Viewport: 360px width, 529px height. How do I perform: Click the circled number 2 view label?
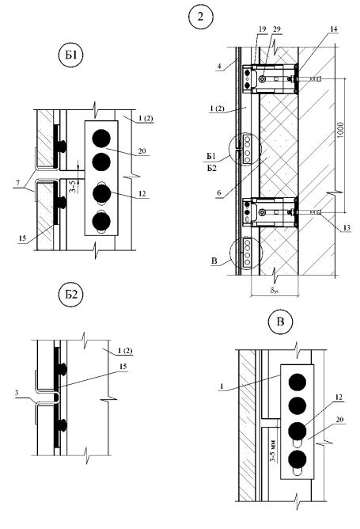click(201, 17)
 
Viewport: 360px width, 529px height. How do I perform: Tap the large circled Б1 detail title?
click(70, 55)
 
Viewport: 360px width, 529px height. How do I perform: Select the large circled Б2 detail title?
click(70, 295)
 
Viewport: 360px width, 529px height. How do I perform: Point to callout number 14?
click(333, 29)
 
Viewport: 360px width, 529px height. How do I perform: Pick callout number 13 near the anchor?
click(347, 228)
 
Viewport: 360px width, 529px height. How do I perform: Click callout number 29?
click(276, 29)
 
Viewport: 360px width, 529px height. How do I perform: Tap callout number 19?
click(262, 29)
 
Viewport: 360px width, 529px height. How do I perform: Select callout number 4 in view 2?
click(219, 67)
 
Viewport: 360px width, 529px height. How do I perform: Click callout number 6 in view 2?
click(219, 193)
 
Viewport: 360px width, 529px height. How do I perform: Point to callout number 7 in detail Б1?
click(17, 183)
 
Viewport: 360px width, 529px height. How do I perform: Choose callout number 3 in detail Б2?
click(17, 393)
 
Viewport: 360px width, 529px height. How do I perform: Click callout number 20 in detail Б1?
click(142, 150)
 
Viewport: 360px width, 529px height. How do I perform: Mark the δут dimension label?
click(274, 291)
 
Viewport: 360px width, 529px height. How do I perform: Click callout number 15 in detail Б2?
click(123, 367)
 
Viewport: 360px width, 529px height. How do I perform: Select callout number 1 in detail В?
click(222, 387)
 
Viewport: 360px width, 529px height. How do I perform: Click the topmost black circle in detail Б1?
click(101, 139)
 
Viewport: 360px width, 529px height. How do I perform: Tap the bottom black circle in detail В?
click(297, 459)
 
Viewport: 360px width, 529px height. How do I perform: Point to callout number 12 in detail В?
click(339, 398)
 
